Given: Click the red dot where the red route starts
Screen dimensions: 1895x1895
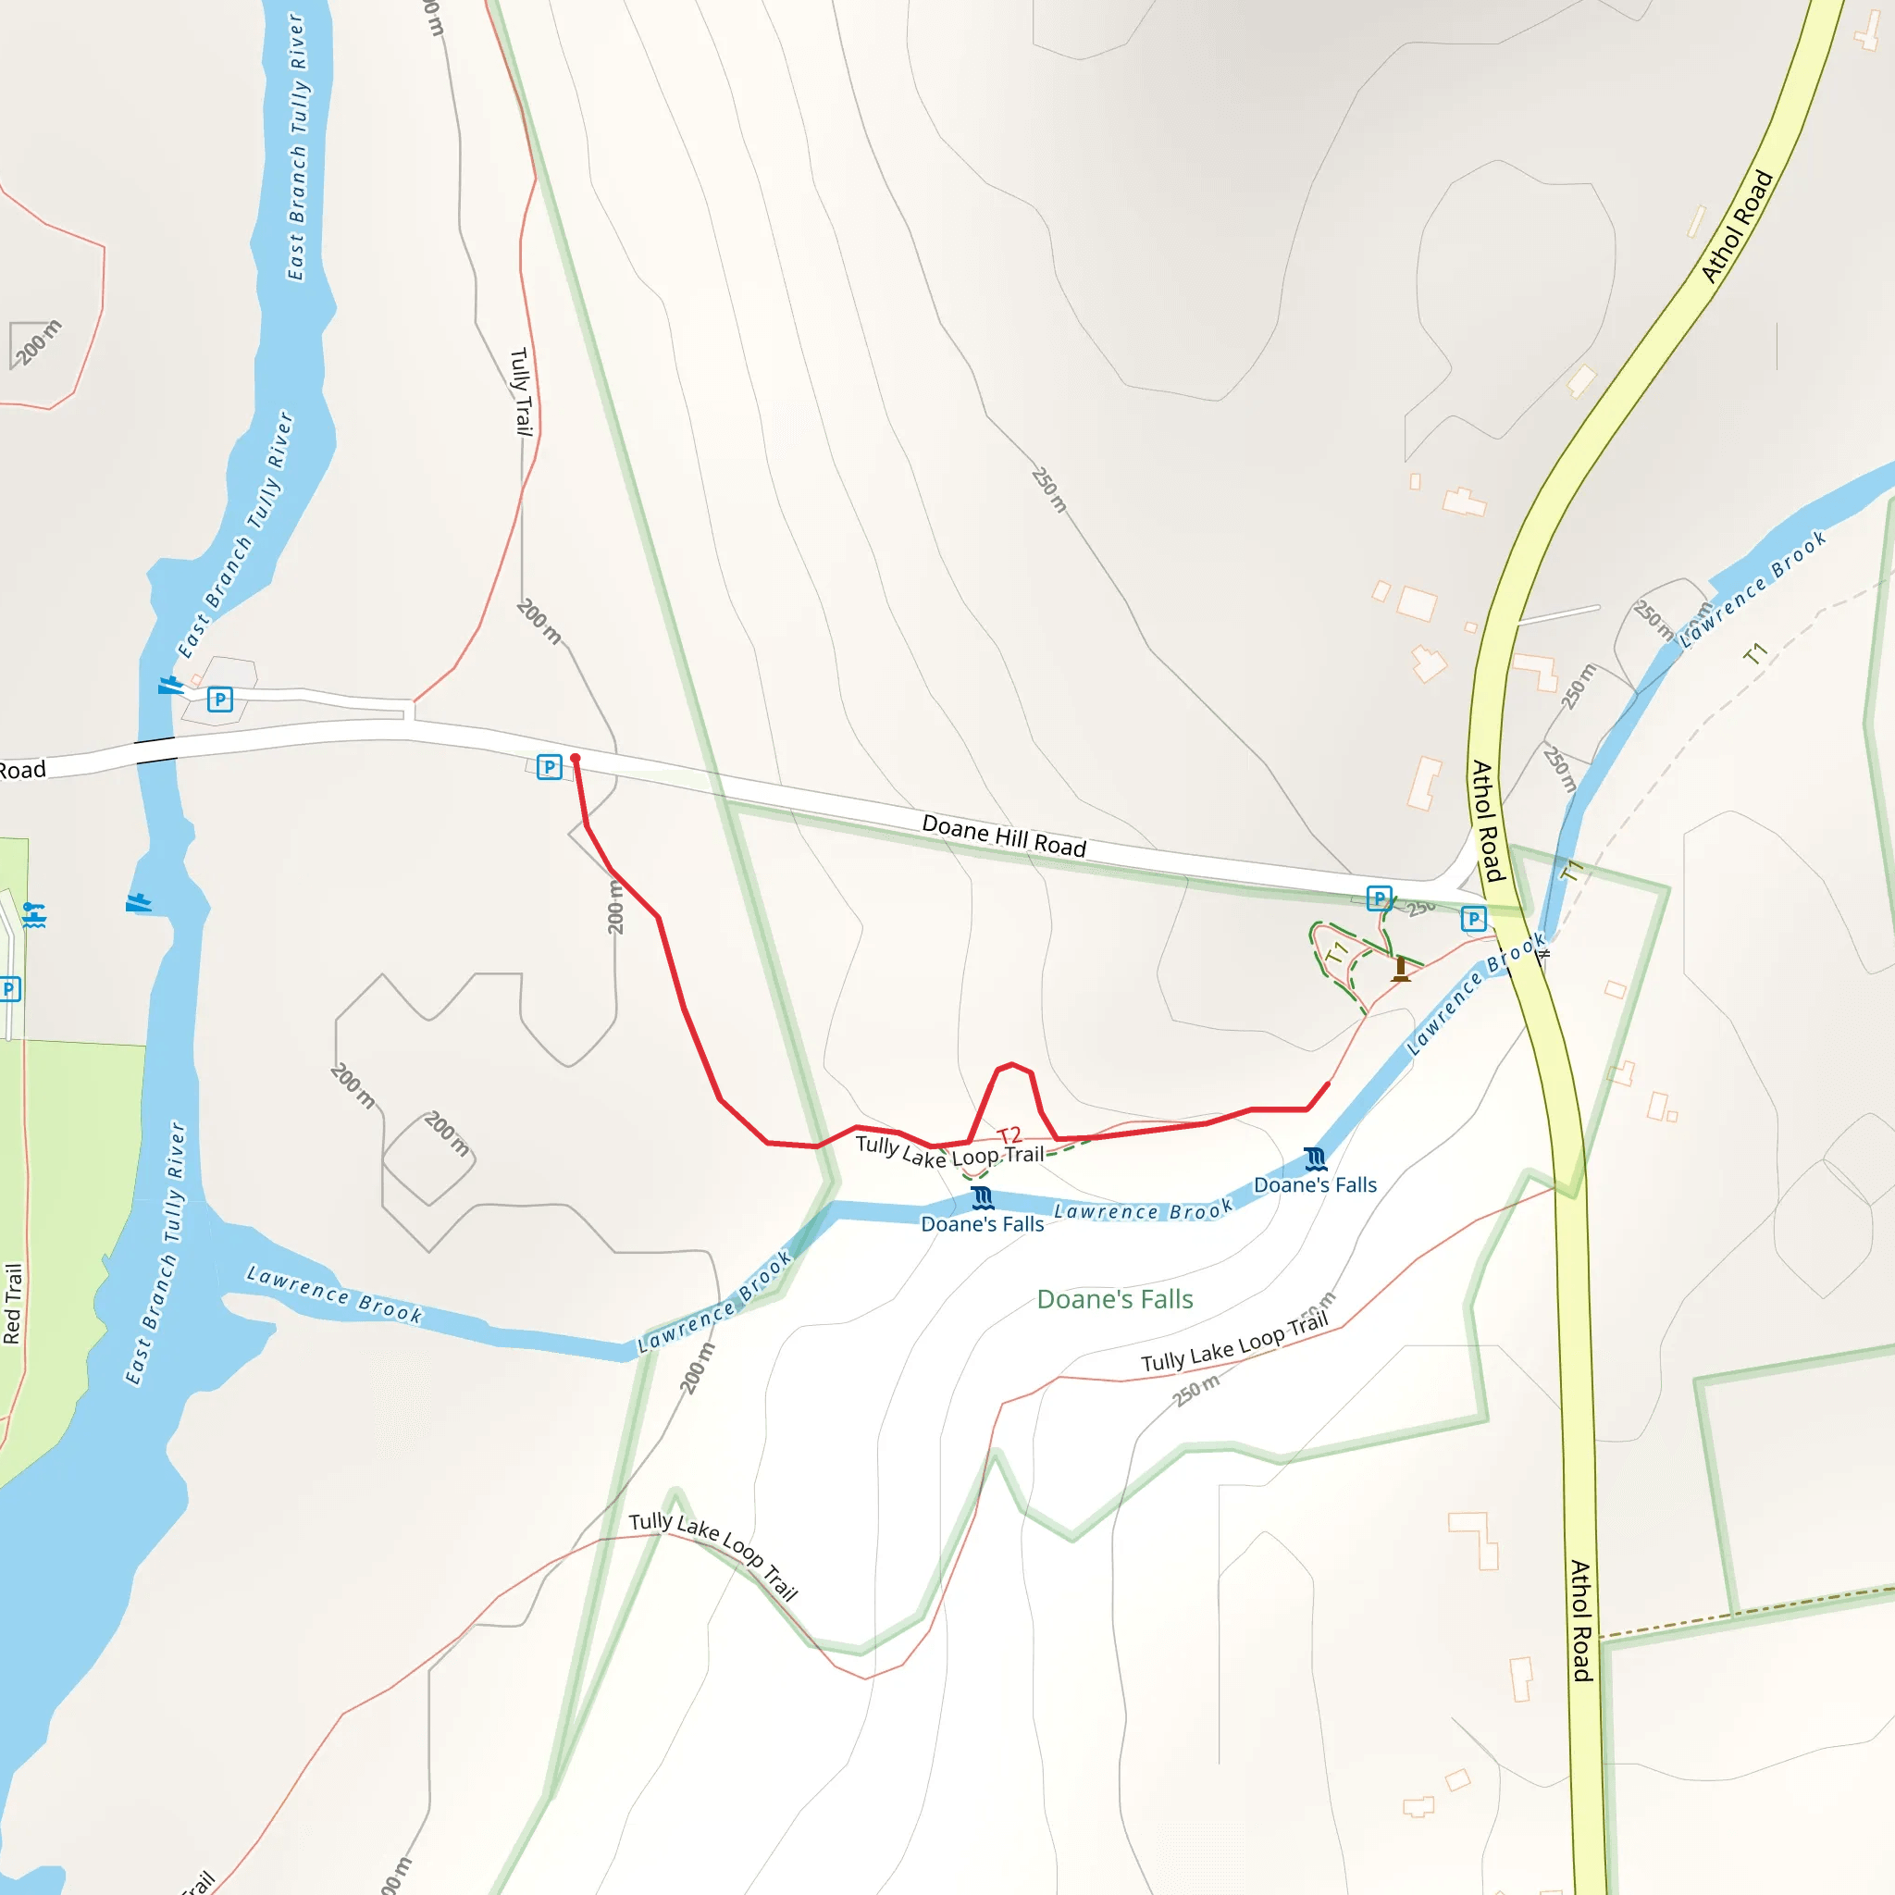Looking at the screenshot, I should pyautogui.click(x=575, y=758).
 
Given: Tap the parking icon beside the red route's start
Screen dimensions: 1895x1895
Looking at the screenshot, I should pyautogui.click(x=550, y=767).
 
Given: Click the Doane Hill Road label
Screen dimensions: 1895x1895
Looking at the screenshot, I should pyautogui.click(x=1003, y=836).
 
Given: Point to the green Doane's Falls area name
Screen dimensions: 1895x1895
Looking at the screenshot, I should pyautogui.click(x=1114, y=1300).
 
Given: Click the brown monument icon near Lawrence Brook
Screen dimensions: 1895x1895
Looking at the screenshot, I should pyautogui.click(x=1401, y=969).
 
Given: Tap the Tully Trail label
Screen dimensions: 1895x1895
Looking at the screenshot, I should pyautogui.click(x=521, y=391).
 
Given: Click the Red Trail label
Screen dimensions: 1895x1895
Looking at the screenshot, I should pyautogui.click(x=13, y=1304).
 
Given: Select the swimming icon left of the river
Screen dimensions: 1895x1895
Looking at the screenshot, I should pyautogui.click(x=34, y=915).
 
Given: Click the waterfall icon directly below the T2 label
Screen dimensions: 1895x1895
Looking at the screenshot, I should pyautogui.click(x=982, y=1197).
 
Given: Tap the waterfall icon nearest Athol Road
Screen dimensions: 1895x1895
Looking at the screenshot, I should pyautogui.click(x=1316, y=1159).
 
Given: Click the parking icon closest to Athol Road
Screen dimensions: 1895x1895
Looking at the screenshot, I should pyautogui.click(x=1473, y=918).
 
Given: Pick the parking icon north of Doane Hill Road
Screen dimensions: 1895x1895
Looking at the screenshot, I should pyautogui.click(x=219, y=700).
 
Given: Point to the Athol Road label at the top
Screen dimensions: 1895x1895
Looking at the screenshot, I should pyautogui.click(x=1737, y=227).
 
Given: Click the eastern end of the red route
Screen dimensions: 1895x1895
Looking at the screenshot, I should pyautogui.click(x=1328, y=1084).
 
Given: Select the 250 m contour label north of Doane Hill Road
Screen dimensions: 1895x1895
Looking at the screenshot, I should pyautogui.click(x=1048, y=489).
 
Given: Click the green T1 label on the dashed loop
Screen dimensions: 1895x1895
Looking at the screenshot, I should pyautogui.click(x=1336, y=951).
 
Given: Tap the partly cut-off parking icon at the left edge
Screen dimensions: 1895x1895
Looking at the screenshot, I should pyautogui.click(x=9, y=989).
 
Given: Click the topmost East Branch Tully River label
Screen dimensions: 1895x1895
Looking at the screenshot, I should pyautogui.click(x=296, y=147).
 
